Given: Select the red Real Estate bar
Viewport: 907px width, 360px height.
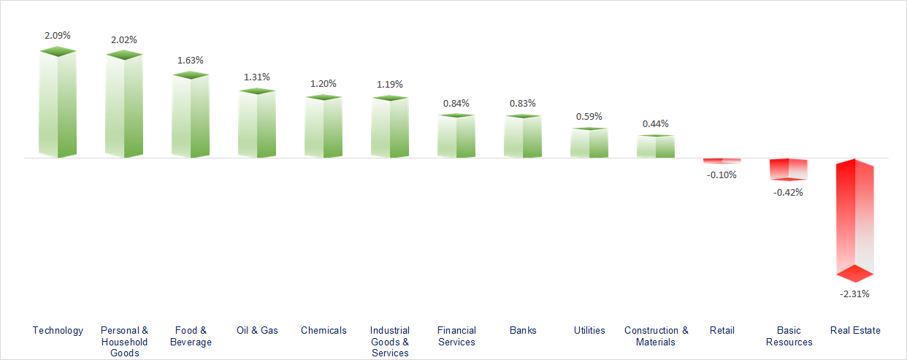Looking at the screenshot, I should point(855,219).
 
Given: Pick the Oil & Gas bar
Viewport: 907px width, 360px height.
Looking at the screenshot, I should point(257,123).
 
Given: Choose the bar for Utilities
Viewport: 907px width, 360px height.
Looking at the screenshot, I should point(589,143).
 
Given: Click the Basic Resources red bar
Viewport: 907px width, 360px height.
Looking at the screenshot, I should point(789,169).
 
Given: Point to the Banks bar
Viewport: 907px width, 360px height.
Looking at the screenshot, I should point(523,137).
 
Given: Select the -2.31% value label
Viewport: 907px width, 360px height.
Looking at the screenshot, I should point(855,294).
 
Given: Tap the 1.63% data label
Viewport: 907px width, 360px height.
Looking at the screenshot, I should point(191,60).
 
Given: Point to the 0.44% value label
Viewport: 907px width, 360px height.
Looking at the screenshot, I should point(655,123).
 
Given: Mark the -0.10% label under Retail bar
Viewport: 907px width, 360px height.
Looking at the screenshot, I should point(722,175).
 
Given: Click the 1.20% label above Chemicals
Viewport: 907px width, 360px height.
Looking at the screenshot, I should point(324,83).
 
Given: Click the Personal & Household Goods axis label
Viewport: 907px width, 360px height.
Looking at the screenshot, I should point(124,342).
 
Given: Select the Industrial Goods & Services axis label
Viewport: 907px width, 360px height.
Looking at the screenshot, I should point(390,342).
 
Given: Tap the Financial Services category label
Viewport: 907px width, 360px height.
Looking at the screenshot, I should point(456,336).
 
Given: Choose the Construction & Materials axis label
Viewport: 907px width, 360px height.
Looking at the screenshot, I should point(656,336).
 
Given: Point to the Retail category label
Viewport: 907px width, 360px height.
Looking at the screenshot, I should point(722,330).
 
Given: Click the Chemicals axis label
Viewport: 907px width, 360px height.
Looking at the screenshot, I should point(324,330).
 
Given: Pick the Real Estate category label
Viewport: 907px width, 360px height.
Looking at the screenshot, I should point(855,330).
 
